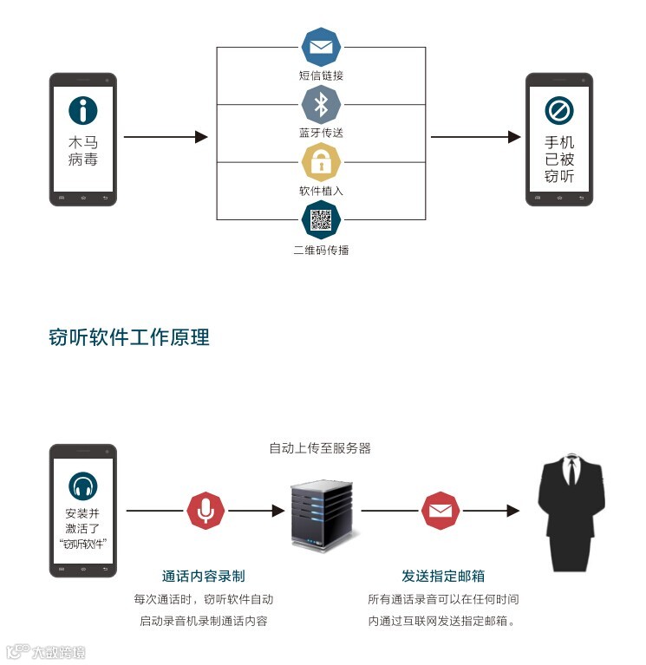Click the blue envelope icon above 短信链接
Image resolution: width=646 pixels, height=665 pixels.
[x=321, y=47]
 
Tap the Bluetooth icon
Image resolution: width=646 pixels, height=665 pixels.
[x=321, y=105]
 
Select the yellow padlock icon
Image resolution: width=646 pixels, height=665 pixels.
[x=321, y=162]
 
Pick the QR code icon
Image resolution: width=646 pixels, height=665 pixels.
[x=321, y=219]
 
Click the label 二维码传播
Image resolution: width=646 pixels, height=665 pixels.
[x=321, y=251]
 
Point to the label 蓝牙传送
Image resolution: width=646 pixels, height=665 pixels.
[x=321, y=133]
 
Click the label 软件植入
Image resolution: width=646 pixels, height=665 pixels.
[x=321, y=191]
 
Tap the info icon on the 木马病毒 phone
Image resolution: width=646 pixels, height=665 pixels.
[x=83, y=110]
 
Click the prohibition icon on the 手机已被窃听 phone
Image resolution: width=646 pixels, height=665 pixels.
[x=559, y=111]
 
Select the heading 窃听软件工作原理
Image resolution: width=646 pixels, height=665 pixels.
[x=129, y=337]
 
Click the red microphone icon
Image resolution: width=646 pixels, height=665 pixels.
[x=206, y=511]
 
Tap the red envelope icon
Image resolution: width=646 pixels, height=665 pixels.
[x=440, y=511]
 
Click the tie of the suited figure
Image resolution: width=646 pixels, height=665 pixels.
[x=571, y=472]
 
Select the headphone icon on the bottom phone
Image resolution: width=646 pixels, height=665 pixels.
[x=83, y=486]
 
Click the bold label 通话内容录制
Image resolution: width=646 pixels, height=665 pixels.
[x=204, y=576]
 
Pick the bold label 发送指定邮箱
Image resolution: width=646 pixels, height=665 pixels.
[x=443, y=576]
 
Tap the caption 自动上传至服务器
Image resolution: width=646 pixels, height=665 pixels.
[x=320, y=448]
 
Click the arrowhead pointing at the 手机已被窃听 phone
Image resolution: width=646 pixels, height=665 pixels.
[x=514, y=137]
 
